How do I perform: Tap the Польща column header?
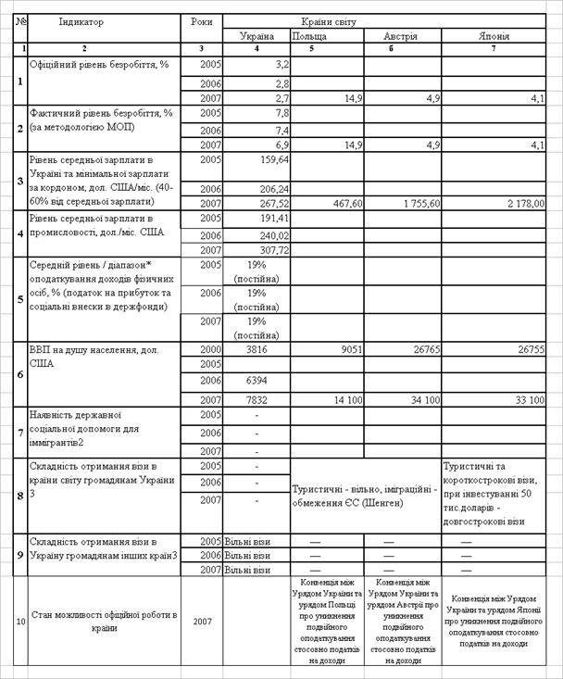(308, 36)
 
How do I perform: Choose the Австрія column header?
(401, 36)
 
